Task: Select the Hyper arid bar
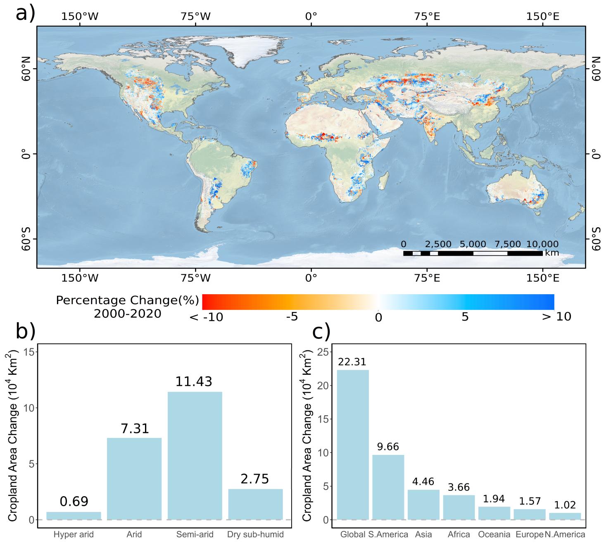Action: tap(74, 515)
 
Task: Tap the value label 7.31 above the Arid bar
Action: tap(135, 428)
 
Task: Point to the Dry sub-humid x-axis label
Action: tap(255, 534)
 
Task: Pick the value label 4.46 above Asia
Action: tap(423, 481)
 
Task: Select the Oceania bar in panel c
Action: tap(494, 513)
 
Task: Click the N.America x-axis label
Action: tap(565, 534)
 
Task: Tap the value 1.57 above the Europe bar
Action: tap(530, 501)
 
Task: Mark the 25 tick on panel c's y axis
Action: tap(323, 352)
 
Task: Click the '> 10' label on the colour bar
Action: tap(556, 317)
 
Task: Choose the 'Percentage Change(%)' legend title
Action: tap(128, 300)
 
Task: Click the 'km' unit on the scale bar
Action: tap(552, 253)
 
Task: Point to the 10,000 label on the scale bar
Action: tap(542, 244)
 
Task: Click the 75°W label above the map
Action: tap(195, 17)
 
